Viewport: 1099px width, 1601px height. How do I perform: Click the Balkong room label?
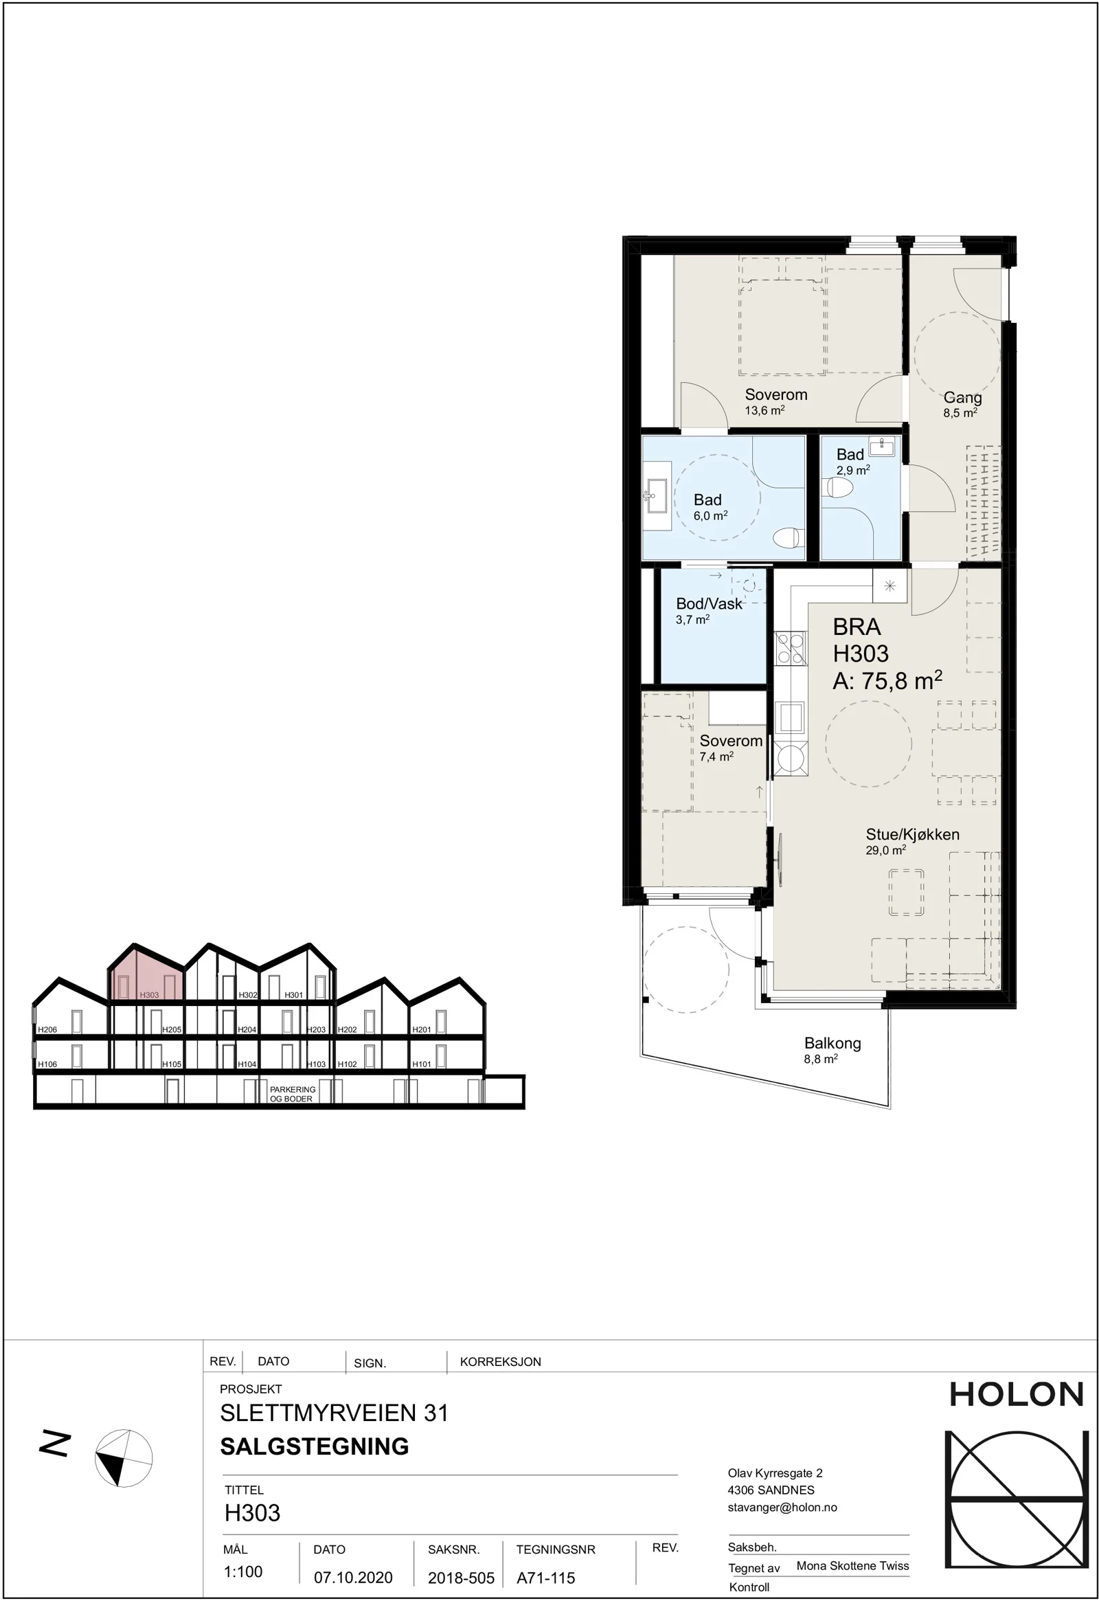[x=832, y=1044]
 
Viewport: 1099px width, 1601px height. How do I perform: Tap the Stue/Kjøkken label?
[x=912, y=834]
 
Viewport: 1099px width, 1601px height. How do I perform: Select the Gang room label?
[x=962, y=397]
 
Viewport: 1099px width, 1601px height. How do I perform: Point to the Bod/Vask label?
[x=710, y=603]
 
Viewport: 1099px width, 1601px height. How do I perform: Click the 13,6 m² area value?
[x=764, y=411]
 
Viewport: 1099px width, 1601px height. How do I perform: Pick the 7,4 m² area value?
[x=716, y=757]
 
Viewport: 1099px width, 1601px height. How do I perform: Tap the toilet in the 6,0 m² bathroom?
[x=788, y=537]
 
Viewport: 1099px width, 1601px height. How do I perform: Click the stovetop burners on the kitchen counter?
[x=791, y=648]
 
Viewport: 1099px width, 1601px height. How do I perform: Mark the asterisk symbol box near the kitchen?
[x=890, y=586]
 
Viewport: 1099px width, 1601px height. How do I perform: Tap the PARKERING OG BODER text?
[x=293, y=1094]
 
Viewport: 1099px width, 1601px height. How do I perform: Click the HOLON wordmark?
[x=1017, y=1395]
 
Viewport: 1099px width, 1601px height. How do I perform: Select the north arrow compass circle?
[x=123, y=1457]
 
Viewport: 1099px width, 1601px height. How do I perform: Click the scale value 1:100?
[x=243, y=1571]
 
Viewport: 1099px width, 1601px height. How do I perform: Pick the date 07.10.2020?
[x=353, y=1577]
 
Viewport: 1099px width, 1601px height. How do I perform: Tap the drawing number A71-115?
[x=545, y=1577]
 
